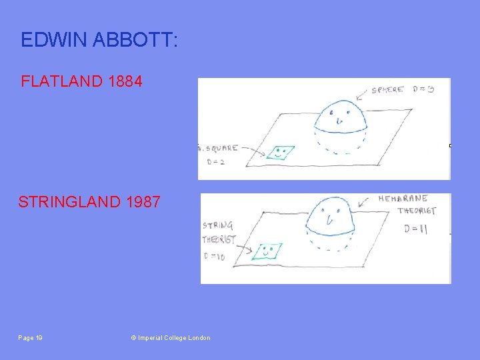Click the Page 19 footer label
31,338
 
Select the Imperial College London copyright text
171,338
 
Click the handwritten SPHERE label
388,90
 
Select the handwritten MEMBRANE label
403,199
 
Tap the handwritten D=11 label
415,229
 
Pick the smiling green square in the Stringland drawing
268,251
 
